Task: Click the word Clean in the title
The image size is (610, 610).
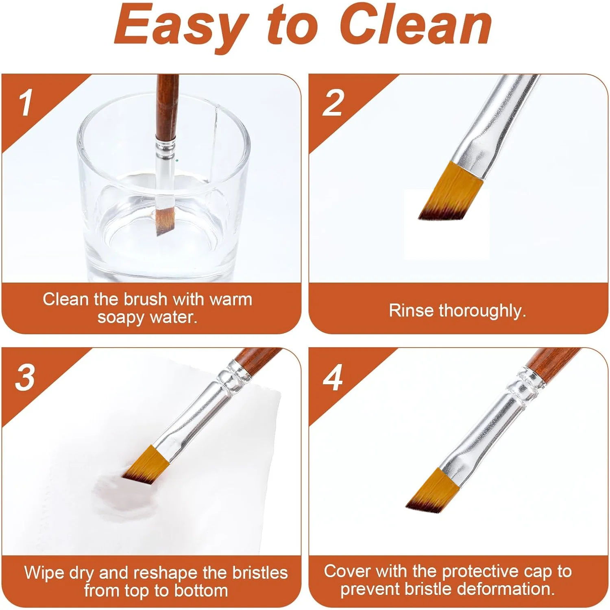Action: [415, 25]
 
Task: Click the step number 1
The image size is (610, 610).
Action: [26, 103]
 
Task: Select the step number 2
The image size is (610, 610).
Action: [333, 103]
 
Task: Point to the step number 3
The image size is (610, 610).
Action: [25, 377]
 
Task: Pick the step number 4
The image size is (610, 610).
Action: [333, 377]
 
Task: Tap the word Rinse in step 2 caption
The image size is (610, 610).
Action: [411, 310]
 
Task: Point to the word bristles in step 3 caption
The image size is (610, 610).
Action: [260, 573]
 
